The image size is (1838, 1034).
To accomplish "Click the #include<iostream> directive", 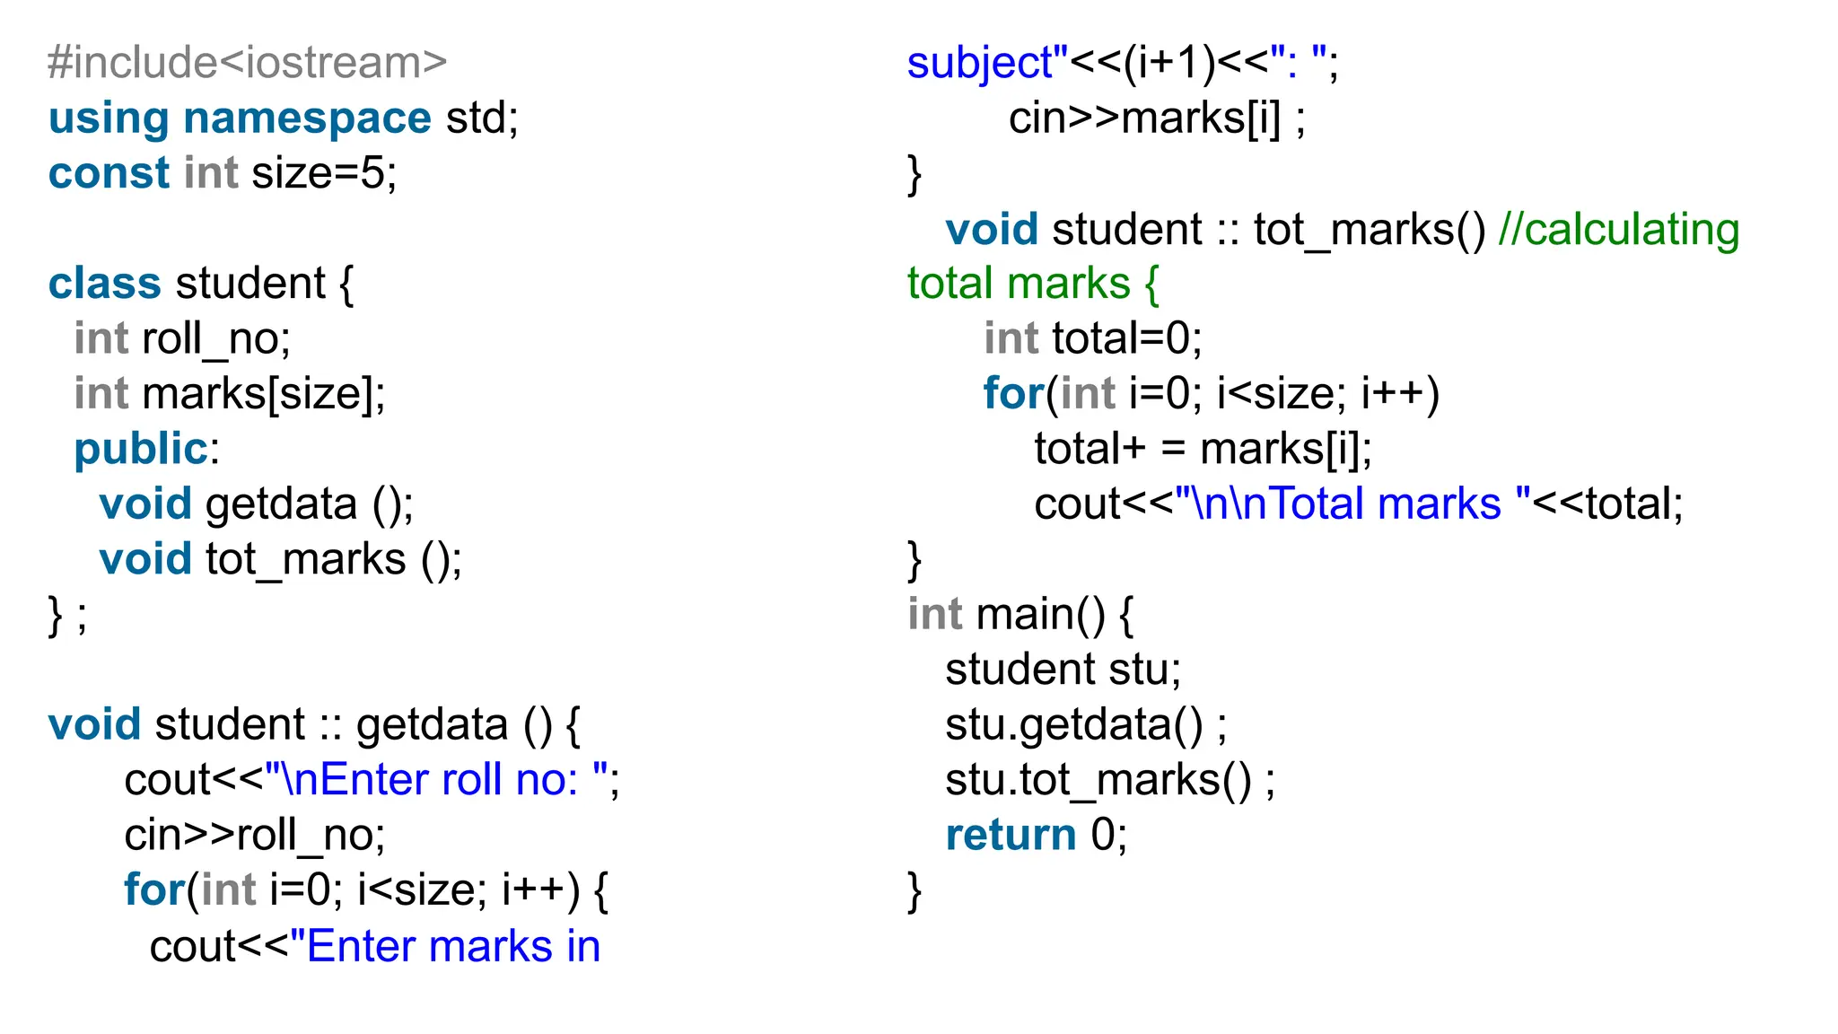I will pos(247,63).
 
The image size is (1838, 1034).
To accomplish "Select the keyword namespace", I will pos(307,118).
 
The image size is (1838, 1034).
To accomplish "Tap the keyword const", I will pos(109,173).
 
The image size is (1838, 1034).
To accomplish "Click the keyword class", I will pos(105,284).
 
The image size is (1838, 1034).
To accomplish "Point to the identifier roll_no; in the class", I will pos(216,339).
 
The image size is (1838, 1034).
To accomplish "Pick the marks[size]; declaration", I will pos(264,394).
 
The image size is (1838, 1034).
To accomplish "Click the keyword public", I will pos(141,450).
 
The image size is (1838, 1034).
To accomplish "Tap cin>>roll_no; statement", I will pos(255,836).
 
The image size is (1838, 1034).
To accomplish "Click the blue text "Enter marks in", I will pos(445,947).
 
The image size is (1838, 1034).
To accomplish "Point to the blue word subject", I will pos(979,63).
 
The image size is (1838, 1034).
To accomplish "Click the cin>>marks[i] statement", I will pos(1156,118).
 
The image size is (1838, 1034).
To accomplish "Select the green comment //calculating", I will pos(1619,230).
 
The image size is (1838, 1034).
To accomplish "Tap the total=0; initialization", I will pos(1126,339).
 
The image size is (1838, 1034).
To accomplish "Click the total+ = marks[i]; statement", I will pos(1203,450).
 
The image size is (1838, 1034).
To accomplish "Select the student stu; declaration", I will pos(1063,670).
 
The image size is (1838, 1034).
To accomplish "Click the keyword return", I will pos(1011,836).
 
